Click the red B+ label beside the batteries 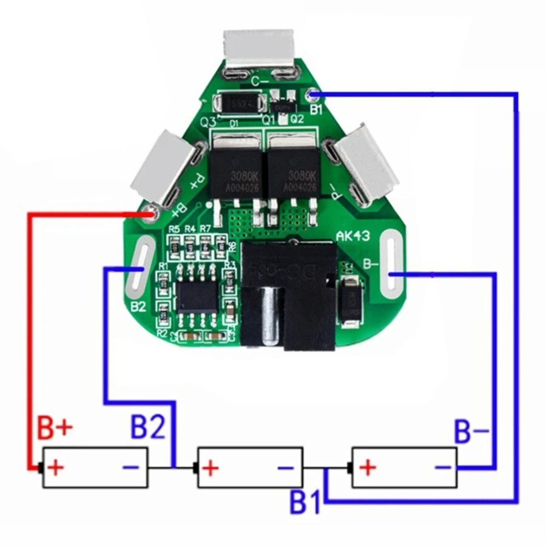point(55,428)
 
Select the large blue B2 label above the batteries point(148,428)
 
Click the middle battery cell point(250,468)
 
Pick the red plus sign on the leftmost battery point(56,468)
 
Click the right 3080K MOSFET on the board point(294,171)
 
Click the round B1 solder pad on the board point(312,95)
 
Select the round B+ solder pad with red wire point(150,213)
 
